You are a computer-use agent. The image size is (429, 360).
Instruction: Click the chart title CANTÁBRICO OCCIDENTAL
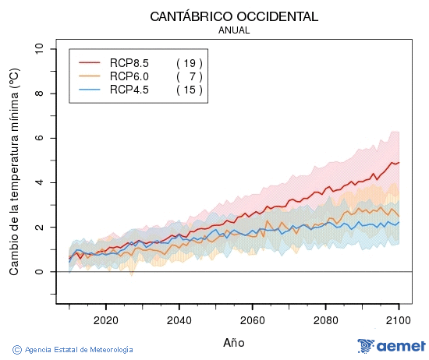tap(234, 16)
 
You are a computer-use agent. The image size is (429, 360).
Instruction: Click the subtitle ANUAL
tap(234, 30)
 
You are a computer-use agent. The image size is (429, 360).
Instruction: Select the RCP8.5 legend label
tap(129, 62)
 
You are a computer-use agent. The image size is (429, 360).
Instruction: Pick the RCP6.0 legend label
tap(129, 76)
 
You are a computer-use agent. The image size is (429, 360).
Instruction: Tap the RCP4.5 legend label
tap(129, 90)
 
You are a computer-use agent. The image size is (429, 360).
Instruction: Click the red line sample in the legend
tap(90, 62)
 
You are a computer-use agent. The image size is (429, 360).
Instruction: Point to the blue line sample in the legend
tap(90, 90)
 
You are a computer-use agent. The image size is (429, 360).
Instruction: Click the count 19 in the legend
tap(190, 62)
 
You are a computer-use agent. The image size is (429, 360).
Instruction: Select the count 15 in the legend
tap(190, 90)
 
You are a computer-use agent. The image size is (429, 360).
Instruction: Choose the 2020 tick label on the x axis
tap(105, 319)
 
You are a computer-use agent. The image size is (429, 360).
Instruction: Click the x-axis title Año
tap(234, 342)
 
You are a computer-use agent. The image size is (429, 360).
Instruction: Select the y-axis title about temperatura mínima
tap(14, 171)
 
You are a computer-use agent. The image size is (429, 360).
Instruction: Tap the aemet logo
tap(391, 346)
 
